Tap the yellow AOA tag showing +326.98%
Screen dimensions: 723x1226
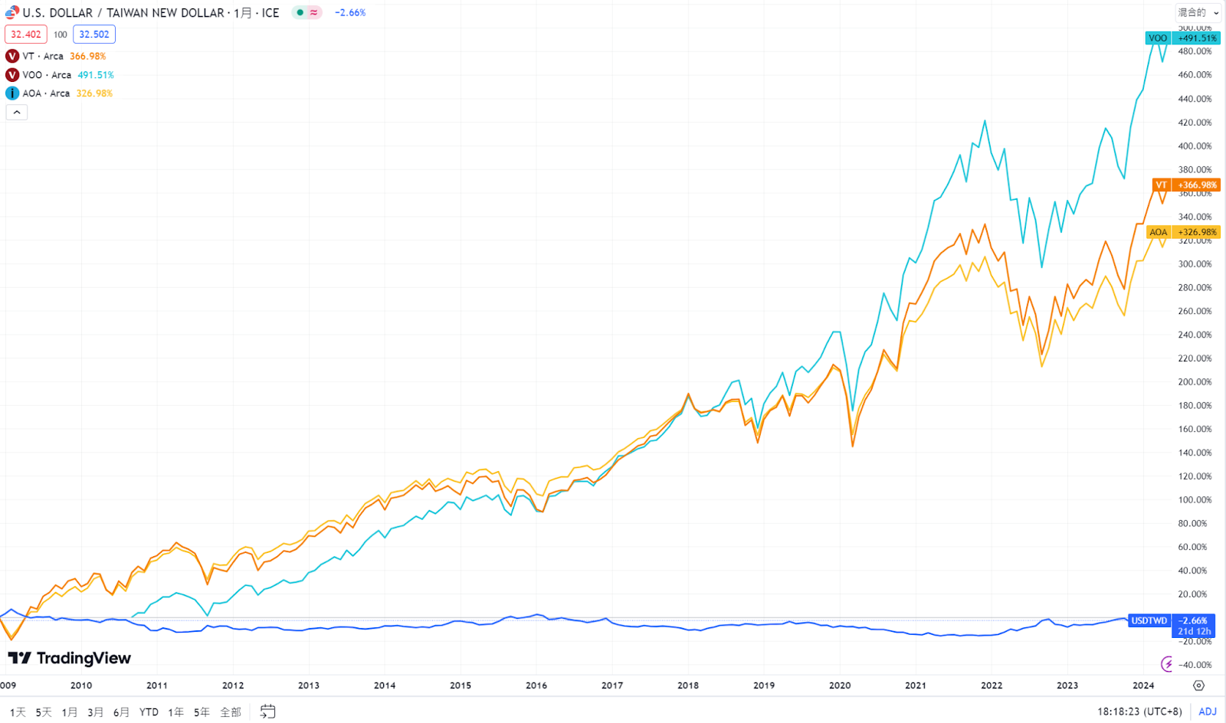coord(1184,232)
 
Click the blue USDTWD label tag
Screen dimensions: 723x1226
coord(1149,620)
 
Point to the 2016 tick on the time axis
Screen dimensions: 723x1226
coord(536,685)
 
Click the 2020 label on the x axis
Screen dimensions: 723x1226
coord(840,685)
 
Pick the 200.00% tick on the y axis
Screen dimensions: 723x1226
coord(1195,382)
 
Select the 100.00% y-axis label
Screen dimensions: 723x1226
coord(1195,500)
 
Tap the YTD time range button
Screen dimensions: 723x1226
coord(149,712)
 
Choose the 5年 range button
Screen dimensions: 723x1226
coord(202,712)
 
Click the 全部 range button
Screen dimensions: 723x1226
coord(231,712)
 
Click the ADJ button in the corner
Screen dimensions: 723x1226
coord(1208,712)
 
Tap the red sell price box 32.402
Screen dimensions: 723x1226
coord(26,34)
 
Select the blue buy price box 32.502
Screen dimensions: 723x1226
coord(94,34)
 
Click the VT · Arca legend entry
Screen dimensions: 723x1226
coord(43,56)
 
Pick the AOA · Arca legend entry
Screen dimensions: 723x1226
coord(46,93)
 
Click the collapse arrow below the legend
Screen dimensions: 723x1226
coord(17,113)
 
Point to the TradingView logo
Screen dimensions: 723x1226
coord(70,658)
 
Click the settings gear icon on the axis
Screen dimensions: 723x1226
coord(1199,685)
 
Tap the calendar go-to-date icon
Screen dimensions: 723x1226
coord(267,712)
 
